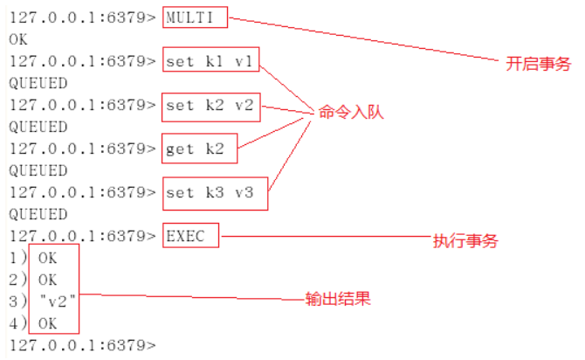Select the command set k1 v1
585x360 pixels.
pyautogui.click(x=210, y=61)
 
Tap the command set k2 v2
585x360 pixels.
pyautogui.click(x=210, y=105)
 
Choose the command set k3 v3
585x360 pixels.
pyautogui.click(x=210, y=192)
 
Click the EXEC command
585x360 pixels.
pyautogui.click(x=191, y=236)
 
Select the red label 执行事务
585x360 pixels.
pyautogui.click(x=466, y=240)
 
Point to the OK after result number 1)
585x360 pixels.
pyautogui.click(x=48, y=258)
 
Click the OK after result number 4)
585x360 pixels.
pyautogui.click(x=48, y=323)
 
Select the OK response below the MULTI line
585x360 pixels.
pyautogui.click(x=18, y=39)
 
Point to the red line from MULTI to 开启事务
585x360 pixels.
pyautogui.click(x=367, y=38)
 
